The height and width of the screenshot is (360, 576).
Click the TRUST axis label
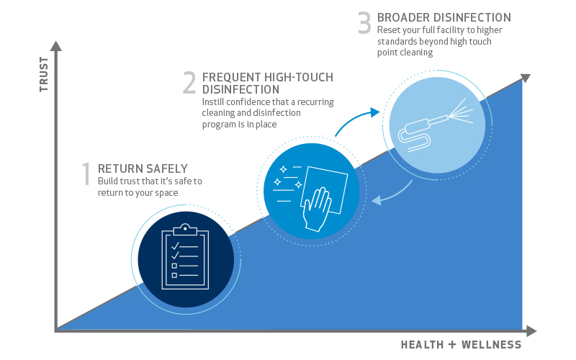pos(44,74)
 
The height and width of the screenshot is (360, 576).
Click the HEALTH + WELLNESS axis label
pos(461,345)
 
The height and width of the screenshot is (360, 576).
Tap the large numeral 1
pos(86,174)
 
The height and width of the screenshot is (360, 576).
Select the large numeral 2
pos(189,83)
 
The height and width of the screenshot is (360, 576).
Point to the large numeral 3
pos(364,23)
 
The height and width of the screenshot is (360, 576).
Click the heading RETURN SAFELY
pos(143,168)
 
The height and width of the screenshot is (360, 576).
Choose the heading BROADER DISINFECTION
pos(444,17)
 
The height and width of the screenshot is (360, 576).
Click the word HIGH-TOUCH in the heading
pos(299,77)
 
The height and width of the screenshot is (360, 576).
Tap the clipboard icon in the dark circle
pos(185,256)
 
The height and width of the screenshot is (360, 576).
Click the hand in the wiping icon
pos(317,210)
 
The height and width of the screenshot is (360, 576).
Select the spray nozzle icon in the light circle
pos(436,125)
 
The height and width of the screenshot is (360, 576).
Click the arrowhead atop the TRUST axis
pos(56,46)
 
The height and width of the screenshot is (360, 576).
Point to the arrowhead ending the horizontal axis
pos(531,331)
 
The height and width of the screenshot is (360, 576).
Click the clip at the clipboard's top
pos(185,230)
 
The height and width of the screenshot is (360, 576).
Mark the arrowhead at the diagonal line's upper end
pos(526,78)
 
